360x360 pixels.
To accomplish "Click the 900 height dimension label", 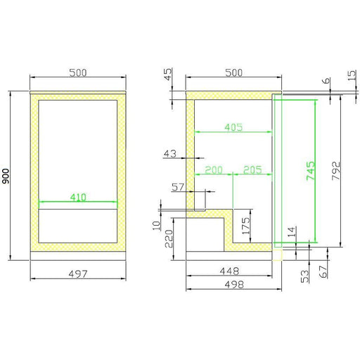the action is coord(6,176).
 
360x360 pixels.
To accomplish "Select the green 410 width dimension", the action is coord(78,197).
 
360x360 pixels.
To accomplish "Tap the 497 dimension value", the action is coord(78,274).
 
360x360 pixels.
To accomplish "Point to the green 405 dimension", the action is coord(233,127).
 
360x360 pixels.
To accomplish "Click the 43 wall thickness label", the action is coord(170,154).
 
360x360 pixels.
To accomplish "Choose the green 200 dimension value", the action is coord(214,169).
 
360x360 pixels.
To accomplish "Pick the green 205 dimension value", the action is coord(252,169).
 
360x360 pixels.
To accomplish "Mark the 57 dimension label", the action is coord(178,187).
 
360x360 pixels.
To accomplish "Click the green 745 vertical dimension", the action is coord(311,171).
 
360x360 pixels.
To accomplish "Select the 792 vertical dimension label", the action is coord(336,171).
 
